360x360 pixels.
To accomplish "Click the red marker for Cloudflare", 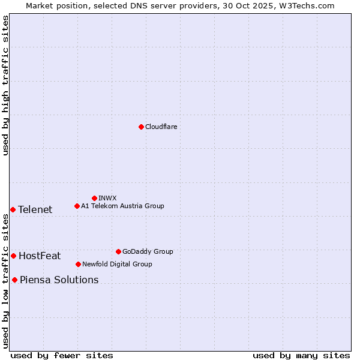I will (141, 127).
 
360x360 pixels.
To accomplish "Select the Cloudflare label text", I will (161, 127).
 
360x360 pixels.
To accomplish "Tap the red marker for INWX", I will (94, 198).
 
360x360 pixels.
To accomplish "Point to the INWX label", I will (107, 198).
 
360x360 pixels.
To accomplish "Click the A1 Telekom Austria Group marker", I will (77, 206).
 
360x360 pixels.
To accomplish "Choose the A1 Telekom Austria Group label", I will (122, 206).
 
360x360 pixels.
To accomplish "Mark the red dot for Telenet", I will (13, 209).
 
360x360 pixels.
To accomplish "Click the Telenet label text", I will (35, 209).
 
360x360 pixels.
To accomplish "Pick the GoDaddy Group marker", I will (118, 251).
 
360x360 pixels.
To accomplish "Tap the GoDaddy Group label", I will (148, 251).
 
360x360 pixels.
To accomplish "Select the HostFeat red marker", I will (13, 256).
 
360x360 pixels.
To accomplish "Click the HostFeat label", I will (40, 256).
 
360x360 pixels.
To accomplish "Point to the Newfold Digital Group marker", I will (78, 264).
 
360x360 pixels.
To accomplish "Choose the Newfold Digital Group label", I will (117, 264).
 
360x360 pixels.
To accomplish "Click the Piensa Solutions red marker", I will (14, 280).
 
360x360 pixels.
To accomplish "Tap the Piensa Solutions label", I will (59, 280).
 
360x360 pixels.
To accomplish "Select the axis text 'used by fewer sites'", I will (62, 355).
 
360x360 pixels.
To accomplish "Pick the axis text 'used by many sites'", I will (301, 355).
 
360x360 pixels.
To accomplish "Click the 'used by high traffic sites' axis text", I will (5, 85).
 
